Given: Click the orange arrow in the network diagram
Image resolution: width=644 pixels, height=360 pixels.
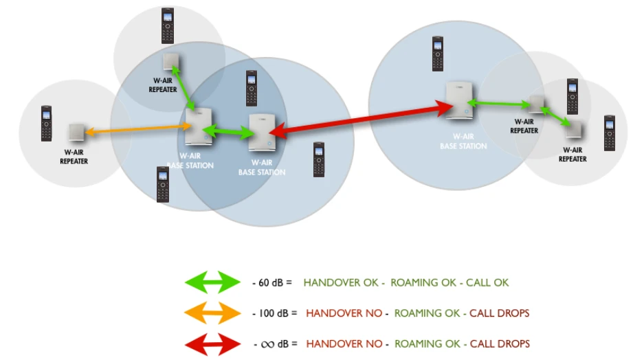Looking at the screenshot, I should click(137, 129).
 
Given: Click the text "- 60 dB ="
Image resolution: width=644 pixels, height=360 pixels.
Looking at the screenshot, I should click(273, 282).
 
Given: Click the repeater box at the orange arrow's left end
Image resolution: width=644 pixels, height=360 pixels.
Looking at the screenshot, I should click(76, 131).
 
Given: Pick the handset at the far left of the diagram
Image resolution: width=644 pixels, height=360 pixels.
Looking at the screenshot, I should click(47, 123).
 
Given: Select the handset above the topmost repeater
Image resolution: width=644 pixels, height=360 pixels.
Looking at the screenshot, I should click(168, 25).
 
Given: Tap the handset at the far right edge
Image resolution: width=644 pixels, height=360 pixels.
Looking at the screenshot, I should click(609, 133).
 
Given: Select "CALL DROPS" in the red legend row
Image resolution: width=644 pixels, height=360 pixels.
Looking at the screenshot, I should click(500, 344).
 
